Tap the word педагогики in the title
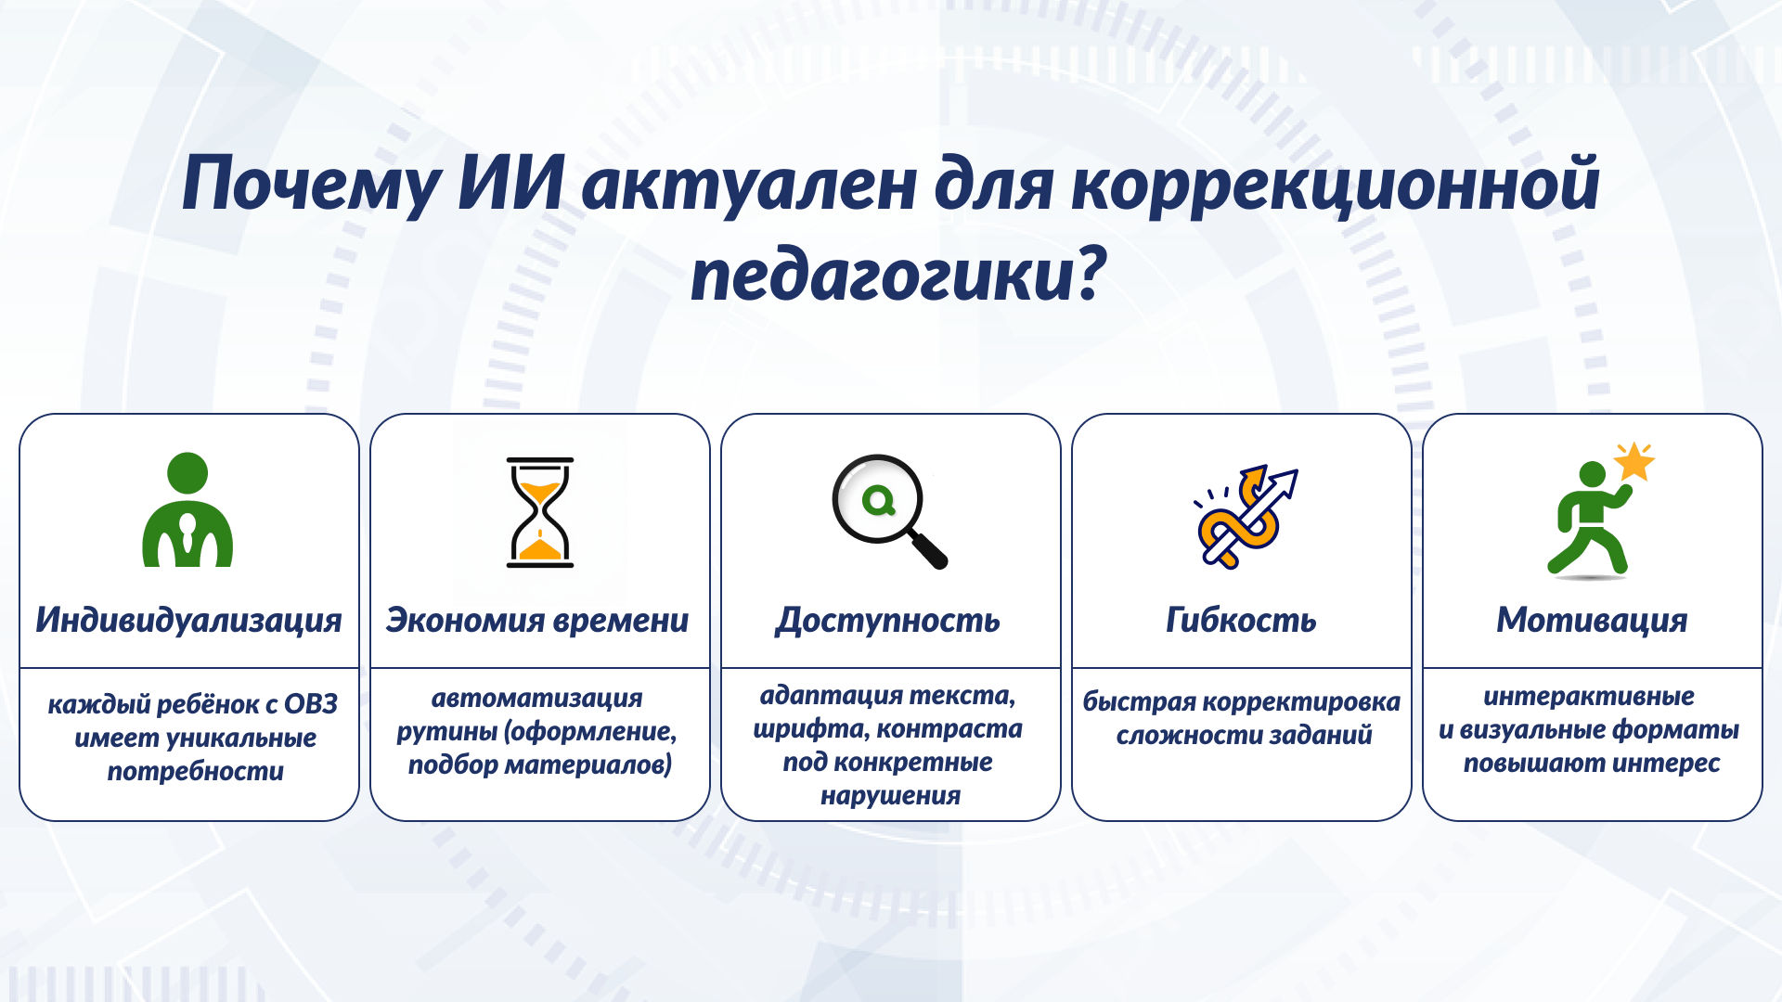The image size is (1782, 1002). click(x=882, y=276)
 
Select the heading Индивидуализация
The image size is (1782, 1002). click(x=188, y=620)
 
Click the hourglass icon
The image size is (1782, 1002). click(x=539, y=512)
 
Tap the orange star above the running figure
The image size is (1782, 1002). click(x=1633, y=462)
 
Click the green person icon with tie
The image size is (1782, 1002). click(x=187, y=510)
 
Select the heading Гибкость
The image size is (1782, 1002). click(x=1241, y=620)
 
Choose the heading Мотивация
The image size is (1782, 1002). click(x=1592, y=620)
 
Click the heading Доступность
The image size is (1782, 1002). click(x=888, y=620)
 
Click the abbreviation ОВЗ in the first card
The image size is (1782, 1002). click(x=311, y=704)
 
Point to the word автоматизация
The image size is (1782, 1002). click(x=536, y=698)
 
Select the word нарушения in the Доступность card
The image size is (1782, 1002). click(x=890, y=795)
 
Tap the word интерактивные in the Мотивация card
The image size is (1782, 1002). click(x=1588, y=696)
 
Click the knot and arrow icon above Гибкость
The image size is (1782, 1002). click(x=1244, y=516)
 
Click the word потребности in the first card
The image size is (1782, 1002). click(x=195, y=771)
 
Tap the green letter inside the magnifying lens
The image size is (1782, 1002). click(x=878, y=502)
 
